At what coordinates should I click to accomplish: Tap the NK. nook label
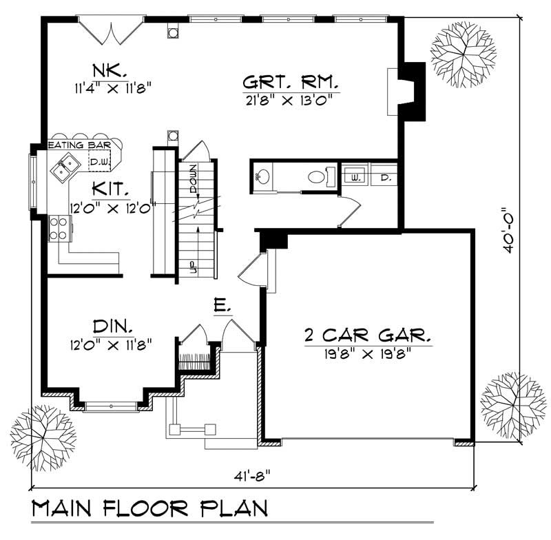110,70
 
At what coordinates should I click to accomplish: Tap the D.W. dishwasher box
99,160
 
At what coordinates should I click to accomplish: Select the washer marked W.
354,176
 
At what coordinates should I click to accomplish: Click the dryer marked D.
383,176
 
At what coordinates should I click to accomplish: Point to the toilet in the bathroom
317,176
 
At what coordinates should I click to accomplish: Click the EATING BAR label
75,145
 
